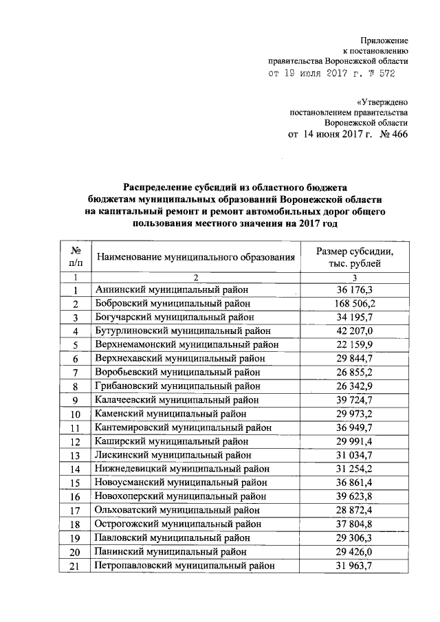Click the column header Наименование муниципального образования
coord(195,257)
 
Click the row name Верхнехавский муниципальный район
coord(183,357)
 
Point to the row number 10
coord(76,414)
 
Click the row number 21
coord(76,566)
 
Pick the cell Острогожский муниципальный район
coord(178,524)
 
